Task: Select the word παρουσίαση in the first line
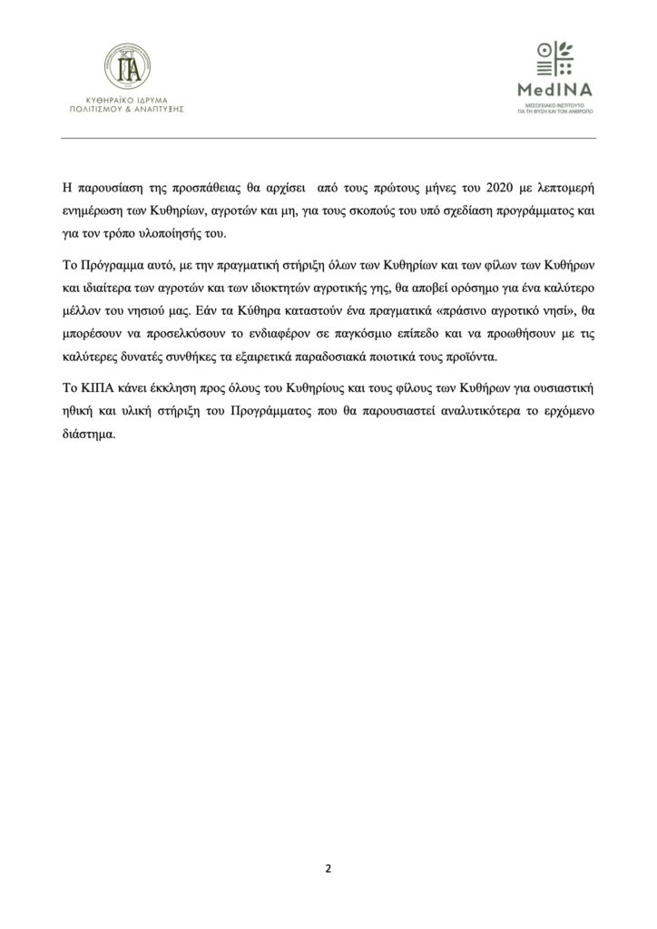(x=106, y=189)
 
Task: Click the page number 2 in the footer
(x=328, y=867)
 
